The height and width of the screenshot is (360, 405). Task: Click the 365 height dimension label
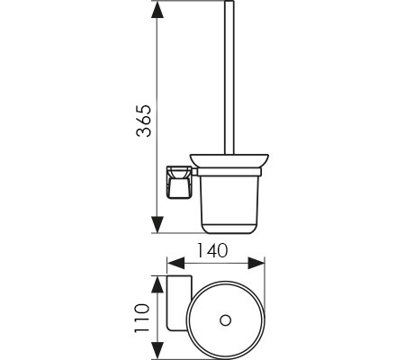point(143,121)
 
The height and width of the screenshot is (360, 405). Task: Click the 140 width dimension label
point(211,250)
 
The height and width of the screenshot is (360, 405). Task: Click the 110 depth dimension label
point(141,318)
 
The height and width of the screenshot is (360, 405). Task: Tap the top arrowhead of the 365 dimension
point(157,12)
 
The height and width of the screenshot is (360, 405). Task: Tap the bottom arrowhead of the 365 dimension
point(157,224)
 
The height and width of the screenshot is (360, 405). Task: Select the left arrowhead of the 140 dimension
point(175,263)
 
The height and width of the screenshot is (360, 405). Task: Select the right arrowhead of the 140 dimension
point(256,263)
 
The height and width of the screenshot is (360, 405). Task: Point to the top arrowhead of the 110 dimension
point(157,284)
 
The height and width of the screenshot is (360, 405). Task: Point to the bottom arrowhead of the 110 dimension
point(157,350)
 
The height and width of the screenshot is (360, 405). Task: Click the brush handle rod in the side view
point(229,78)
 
